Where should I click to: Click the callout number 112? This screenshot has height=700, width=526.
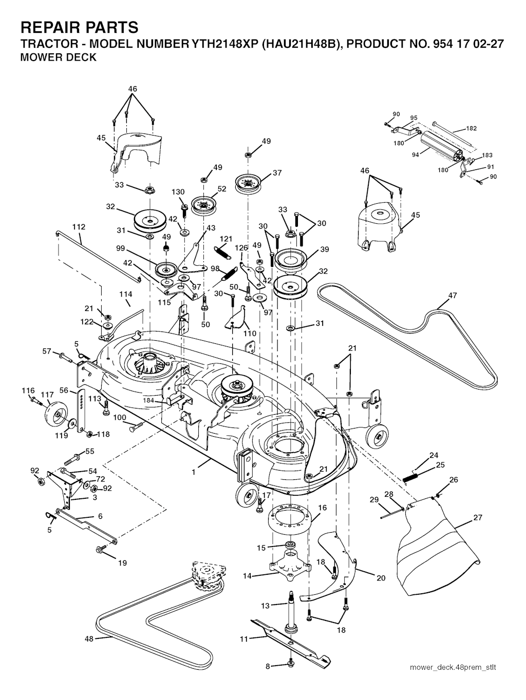[x=79, y=227]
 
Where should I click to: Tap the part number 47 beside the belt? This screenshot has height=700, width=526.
[x=453, y=296]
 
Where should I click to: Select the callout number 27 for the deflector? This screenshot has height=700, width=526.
[x=478, y=518]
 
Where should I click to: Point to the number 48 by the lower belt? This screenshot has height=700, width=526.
[x=89, y=639]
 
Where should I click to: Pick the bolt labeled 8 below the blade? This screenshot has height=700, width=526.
[x=291, y=666]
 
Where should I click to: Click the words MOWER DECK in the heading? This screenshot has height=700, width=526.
[x=58, y=57]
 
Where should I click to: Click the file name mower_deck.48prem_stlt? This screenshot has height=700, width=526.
[x=453, y=668]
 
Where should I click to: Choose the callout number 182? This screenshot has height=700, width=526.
[x=471, y=128]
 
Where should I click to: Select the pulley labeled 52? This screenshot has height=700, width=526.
[x=204, y=205]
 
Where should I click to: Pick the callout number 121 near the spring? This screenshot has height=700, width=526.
[x=226, y=239]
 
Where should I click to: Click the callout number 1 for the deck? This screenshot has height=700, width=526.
[x=194, y=472]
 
